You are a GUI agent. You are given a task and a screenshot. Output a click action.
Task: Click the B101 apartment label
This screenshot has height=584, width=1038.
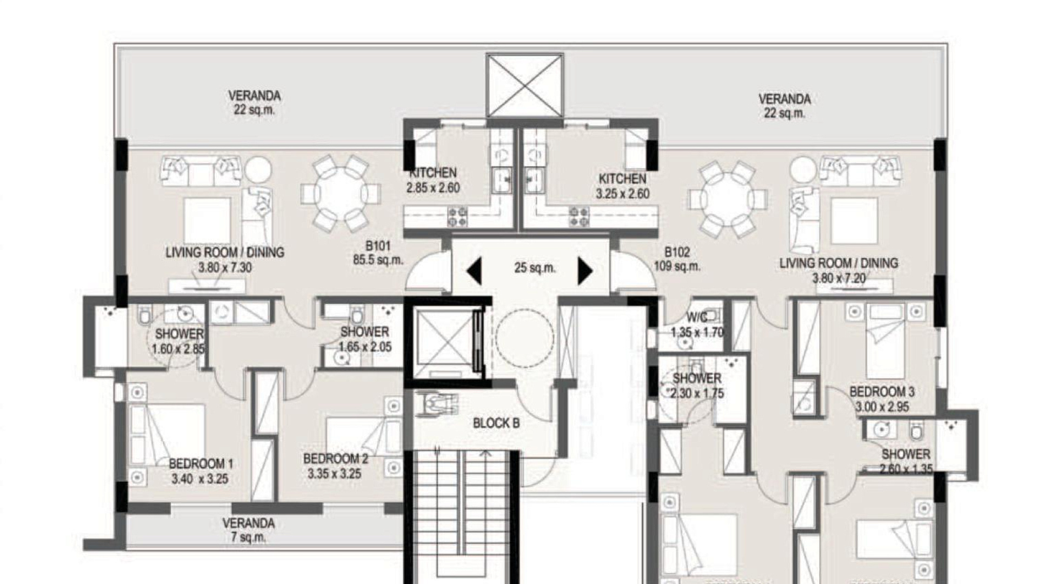click(x=378, y=246)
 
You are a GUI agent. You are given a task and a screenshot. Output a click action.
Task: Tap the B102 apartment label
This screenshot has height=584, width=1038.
click(x=677, y=252)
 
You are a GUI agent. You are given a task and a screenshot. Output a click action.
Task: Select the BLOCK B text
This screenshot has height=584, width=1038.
click(x=496, y=423)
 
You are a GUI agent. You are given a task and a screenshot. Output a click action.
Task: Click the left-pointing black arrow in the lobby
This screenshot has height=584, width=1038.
click(x=474, y=271)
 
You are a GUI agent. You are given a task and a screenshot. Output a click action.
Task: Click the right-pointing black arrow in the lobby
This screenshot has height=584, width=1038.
click(x=585, y=271)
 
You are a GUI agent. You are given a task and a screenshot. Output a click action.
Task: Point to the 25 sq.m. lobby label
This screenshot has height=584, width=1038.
click(x=535, y=268)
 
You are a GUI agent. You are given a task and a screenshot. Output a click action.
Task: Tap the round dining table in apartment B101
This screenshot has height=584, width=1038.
click(x=341, y=193)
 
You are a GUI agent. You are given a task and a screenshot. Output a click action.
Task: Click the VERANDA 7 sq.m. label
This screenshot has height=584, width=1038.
click(x=249, y=530)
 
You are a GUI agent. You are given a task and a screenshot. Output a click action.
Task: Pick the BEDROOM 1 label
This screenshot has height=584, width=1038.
click(x=201, y=464)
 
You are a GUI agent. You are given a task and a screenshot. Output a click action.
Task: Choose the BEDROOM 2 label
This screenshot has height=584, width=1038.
click(x=335, y=459)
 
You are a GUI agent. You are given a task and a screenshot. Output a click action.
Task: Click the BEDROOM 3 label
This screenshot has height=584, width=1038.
click(x=882, y=391)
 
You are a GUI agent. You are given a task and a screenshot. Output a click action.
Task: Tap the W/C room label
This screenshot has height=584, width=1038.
click(x=697, y=317)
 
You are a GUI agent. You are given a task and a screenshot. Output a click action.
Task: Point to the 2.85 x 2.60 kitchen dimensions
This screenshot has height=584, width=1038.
click(x=433, y=188)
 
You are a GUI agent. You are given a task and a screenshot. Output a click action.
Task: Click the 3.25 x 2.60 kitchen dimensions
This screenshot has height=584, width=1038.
click(x=623, y=194)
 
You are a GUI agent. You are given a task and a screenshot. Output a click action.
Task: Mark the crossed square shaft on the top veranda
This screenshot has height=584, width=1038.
click(x=524, y=85)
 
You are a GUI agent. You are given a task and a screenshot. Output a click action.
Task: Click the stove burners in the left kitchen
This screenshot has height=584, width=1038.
click(x=457, y=217)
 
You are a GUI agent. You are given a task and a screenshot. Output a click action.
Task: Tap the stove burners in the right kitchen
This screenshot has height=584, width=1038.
click(x=580, y=217)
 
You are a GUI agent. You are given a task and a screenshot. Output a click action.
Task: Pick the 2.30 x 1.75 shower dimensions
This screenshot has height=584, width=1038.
click(x=697, y=394)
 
